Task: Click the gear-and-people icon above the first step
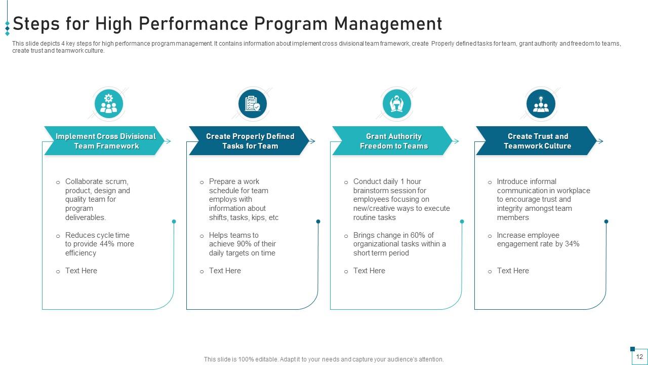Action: [108, 104]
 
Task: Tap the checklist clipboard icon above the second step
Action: [252, 104]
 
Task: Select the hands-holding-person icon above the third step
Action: [396, 104]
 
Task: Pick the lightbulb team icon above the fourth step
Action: [541, 104]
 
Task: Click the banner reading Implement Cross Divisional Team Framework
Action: [105, 141]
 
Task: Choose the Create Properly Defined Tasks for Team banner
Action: [250, 141]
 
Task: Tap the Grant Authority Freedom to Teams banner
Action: [393, 141]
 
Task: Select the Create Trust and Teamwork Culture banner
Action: [537, 141]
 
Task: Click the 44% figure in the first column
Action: [107, 244]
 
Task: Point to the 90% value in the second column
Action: [245, 244]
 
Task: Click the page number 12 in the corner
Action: [639, 357]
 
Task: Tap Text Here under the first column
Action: [81, 271]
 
